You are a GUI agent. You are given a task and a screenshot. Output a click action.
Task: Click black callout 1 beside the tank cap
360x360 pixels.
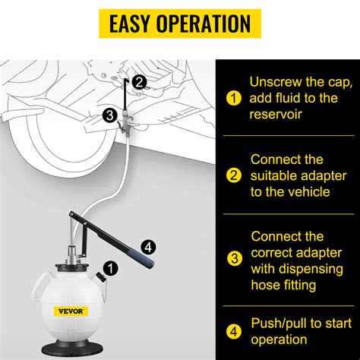tap(112, 267)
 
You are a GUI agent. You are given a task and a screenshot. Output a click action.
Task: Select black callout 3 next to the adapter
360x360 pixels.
tap(109, 115)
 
